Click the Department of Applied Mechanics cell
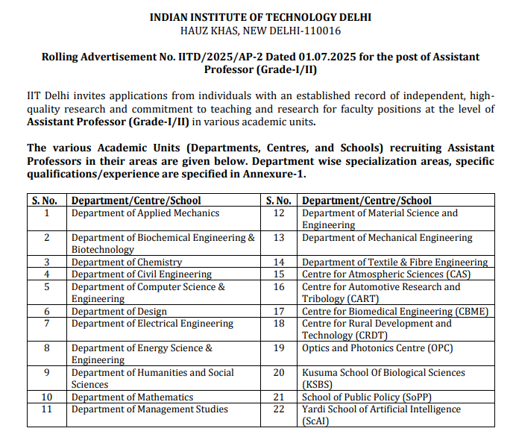(x=145, y=213)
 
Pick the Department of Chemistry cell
(x=127, y=262)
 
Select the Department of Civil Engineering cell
(x=142, y=274)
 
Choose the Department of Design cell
(x=119, y=312)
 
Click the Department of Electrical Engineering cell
(x=153, y=324)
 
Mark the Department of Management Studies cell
(x=150, y=409)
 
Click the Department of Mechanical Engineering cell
(x=387, y=238)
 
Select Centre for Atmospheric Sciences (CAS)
(x=386, y=274)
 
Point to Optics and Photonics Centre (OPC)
(x=377, y=348)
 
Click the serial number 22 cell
(x=280, y=409)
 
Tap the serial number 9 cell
(x=47, y=373)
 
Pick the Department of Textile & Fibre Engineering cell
(x=395, y=262)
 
